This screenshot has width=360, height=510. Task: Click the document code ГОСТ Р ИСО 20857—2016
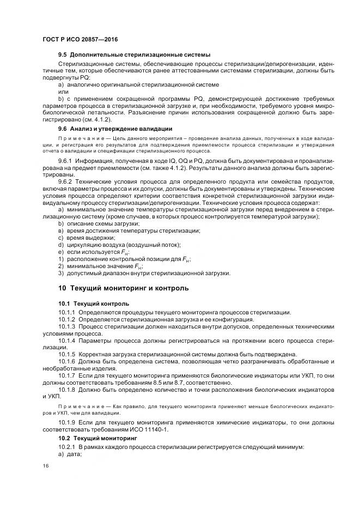pyautogui.click(x=80, y=40)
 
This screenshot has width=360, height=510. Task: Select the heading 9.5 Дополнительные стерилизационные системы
pyautogui.click(x=134, y=55)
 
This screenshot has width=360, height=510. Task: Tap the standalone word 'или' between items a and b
pyautogui.click(x=64, y=92)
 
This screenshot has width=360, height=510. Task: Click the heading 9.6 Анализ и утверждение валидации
pyautogui.click(x=115, y=129)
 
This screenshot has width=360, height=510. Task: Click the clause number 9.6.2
pyautogui.click(x=65, y=181)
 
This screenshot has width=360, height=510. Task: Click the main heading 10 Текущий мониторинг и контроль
pyautogui.click(x=124, y=288)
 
